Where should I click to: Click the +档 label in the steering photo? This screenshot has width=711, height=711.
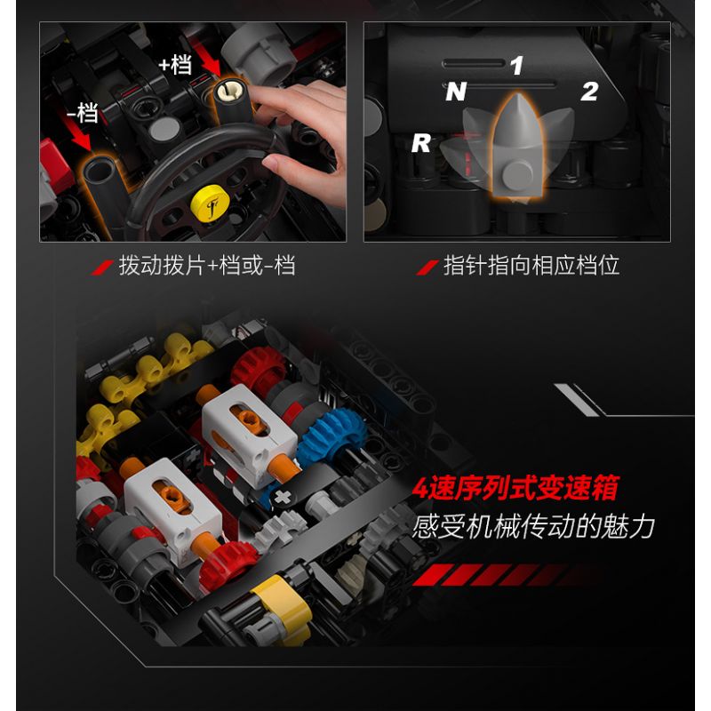[176, 65]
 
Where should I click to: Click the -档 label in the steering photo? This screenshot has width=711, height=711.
[81, 113]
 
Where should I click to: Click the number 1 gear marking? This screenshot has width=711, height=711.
[516, 65]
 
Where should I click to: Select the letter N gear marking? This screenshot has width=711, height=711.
[455, 92]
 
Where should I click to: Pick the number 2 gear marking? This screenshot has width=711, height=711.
[588, 92]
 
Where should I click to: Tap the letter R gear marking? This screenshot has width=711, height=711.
[420, 144]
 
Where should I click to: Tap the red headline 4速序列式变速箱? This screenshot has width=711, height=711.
[527, 490]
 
